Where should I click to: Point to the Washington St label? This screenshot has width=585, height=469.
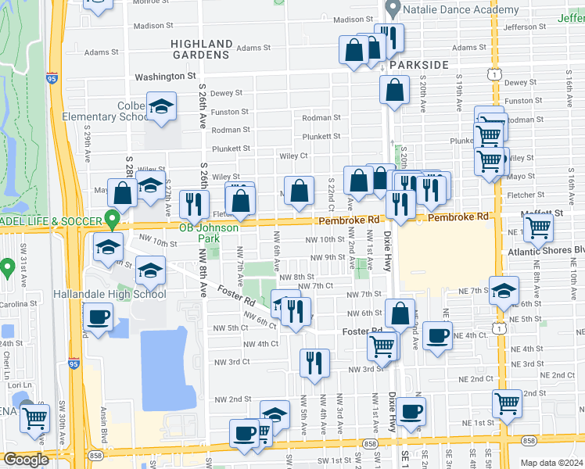point(165,77)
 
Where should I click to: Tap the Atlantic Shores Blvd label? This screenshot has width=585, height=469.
point(546,251)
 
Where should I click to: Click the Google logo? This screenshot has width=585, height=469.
point(26,460)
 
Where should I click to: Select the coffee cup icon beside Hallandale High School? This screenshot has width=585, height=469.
point(98,316)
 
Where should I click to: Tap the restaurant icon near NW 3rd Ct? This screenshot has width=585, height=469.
point(314,362)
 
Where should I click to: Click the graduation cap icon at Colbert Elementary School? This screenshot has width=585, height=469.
point(161,107)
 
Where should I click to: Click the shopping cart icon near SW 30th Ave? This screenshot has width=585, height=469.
point(35,417)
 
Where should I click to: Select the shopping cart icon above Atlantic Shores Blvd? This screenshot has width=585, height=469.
point(538,227)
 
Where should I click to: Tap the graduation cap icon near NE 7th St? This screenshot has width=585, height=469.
point(504,290)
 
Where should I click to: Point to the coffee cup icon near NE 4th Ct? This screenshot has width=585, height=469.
point(437,335)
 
